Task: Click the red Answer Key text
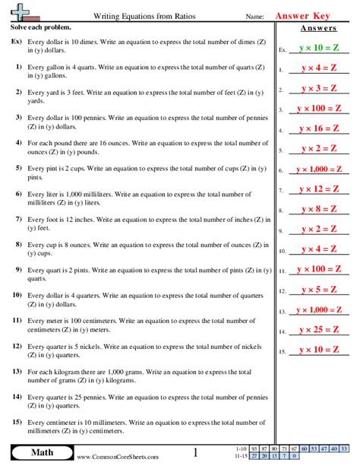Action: [x=312, y=14]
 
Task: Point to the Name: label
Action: [x=255, y=16]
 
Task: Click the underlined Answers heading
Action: [x=318, y=28]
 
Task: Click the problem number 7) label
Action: [x=17, y=219]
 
